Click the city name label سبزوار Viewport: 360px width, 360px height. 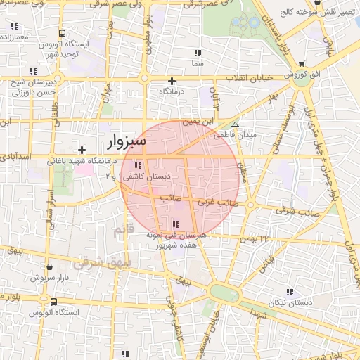tap(127, 142)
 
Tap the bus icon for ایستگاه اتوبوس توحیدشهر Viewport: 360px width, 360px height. tap(63, 33)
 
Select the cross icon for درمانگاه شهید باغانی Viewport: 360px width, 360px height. tap(82, 150)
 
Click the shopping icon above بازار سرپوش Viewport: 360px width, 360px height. tap(49, 266)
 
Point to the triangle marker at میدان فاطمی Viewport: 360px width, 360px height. tap(236, 124)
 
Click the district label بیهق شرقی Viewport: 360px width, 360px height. tap(98, 262)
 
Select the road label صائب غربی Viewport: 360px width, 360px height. tap(213, 202)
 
